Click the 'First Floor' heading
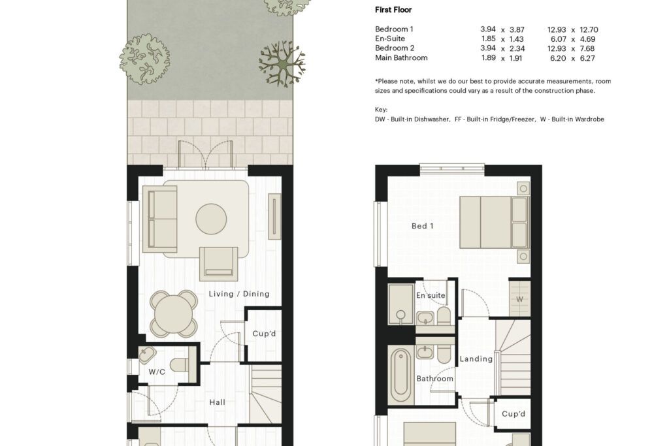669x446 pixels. click(393, 10)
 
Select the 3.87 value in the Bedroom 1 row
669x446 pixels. click(517, 30)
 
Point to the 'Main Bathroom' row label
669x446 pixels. click(401, 57)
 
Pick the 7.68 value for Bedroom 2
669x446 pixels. click(587, 48)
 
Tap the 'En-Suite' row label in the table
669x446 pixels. click(390, 39)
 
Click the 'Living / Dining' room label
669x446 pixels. click(239, 294)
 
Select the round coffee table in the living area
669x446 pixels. click(211, 219)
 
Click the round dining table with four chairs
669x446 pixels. click(174, 314)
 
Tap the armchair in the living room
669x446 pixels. click(218, 264)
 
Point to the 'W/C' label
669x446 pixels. click(157, 372)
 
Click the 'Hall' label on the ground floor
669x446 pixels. click(217, 402)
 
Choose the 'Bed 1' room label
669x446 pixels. click(423, 226)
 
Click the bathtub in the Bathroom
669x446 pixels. click(400, 374)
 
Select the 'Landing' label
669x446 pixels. click(476, 359)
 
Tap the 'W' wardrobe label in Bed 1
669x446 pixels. click(519, 299)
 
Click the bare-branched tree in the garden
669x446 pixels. click(282, 63)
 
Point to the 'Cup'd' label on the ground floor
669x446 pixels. click(264, 334)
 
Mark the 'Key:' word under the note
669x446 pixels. click(381, 110)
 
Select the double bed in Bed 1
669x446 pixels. click(494, 222)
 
